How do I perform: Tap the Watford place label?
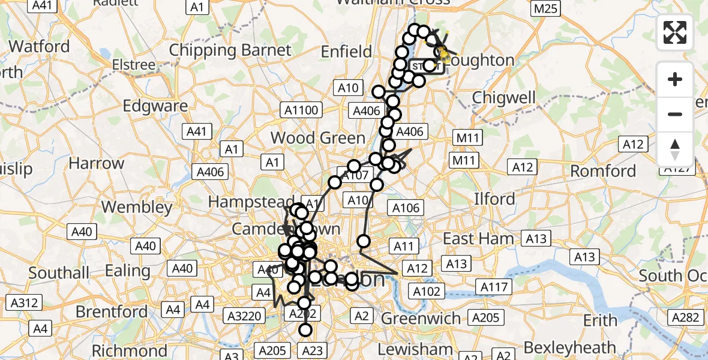coord(40,46)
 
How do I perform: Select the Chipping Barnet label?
coord(230,50)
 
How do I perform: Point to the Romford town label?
coord(602,171)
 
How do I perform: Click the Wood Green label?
coord(317,138)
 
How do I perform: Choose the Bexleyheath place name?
coord(569,347)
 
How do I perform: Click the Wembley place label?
coord(137,208)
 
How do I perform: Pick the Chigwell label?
coord(503,97)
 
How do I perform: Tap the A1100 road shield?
coord(302,110)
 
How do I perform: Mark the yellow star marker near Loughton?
coord(443,55)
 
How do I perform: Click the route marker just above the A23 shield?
coord(306,330)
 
